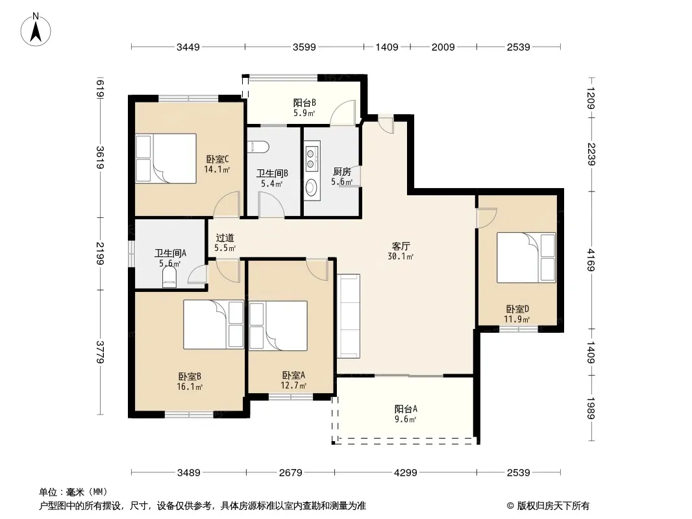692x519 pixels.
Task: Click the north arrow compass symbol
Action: click(36, 30)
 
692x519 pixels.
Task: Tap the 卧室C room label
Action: click(217, 159)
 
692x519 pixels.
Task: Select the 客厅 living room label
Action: click(401, 246)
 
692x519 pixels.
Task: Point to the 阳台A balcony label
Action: click(406, 409)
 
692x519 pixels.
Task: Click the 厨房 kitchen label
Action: click(341, 171)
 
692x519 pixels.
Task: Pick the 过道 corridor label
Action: click(225, 238)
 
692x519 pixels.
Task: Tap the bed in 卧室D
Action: click(526, 258)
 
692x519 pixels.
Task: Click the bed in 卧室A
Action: click(278, 326)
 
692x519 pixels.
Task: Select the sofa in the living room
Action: click(349, 316)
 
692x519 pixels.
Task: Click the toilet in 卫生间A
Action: click(169, 278)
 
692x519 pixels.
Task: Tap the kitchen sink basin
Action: click(311, 187)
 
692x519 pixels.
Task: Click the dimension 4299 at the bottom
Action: click(405, 473)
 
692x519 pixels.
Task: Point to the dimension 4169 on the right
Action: click(591, 260)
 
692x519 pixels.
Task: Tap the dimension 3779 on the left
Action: click(100, 352)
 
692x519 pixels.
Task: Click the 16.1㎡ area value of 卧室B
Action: click(190, 387)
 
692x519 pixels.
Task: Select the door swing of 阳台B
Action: click(343, 112)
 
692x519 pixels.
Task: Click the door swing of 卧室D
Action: click(487, 218)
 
